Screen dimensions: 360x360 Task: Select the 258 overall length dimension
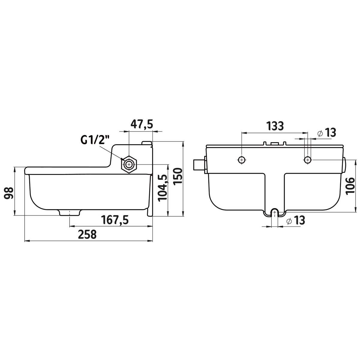tap(87, 235)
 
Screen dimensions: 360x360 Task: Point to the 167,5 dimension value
tap(115, 220)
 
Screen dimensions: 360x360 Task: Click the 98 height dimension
tap(9, 193)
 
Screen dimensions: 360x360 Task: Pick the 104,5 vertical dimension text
tap(162, 188)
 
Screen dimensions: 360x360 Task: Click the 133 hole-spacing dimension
tap(275, 126)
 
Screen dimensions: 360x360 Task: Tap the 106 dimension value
tap(350, 186)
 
